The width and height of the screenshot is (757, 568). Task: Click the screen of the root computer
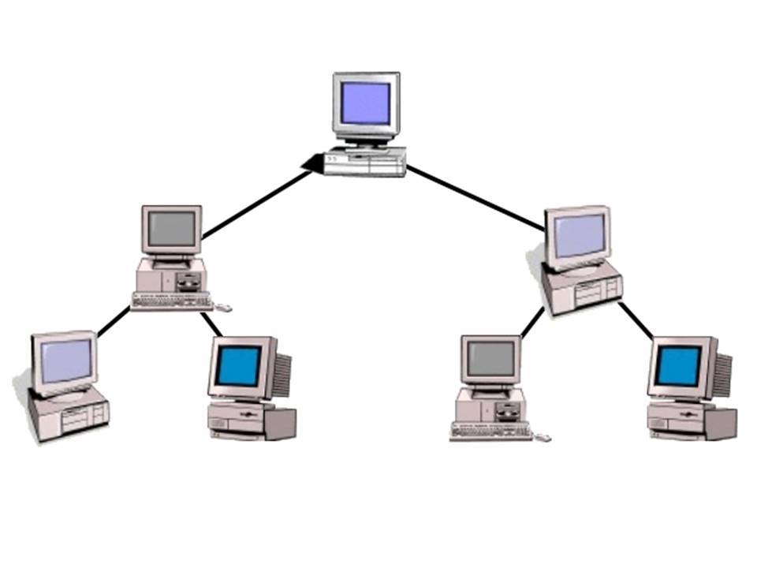365,103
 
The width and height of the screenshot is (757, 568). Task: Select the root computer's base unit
365,163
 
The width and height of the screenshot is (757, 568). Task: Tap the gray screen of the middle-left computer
171,229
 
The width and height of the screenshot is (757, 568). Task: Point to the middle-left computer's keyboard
172,300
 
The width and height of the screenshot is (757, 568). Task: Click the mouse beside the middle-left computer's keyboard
224,307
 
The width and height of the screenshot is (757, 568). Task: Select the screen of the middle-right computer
579,235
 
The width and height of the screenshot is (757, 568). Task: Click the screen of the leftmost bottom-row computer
65,361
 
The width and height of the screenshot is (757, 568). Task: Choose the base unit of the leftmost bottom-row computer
69,415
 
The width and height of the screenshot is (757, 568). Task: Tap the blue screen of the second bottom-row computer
238,366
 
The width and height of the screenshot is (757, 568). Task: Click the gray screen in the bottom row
490,359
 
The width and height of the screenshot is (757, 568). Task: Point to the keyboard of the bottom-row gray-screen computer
490,431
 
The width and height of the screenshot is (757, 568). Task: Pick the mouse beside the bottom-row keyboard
543,437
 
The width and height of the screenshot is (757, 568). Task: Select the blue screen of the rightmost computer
678,366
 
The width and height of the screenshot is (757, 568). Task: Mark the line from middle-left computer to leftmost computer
114,322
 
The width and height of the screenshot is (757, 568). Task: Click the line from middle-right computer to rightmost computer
636,322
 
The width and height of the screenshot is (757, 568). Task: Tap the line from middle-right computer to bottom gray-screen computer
533,322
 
